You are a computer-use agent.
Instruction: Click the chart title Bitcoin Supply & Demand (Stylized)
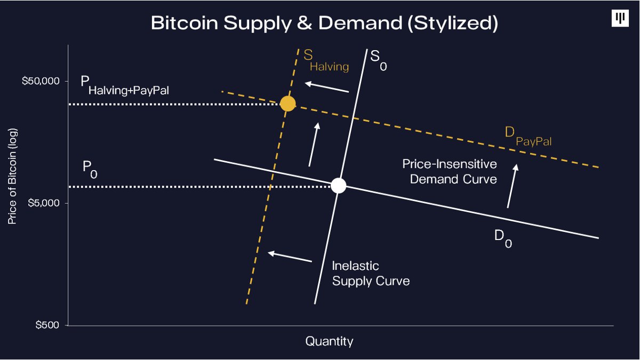pyautogui.click(x=324, y=23)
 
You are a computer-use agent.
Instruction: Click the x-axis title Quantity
pyautogui.click(x=329, y=341)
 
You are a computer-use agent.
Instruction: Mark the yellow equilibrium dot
pyautogui.click(x=287, y=103)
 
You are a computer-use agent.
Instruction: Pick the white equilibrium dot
pyautogui.click(x=338, y=186)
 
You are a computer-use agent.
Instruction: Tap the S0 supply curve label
pyautogui.click(x=379, y=59)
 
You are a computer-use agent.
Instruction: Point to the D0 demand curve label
pyautogui.click(x=503, y=238)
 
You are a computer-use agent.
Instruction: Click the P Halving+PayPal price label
pyautogui.click(x=125, y=85)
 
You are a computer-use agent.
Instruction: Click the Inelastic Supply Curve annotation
pyautogui.click(x=371, y=273)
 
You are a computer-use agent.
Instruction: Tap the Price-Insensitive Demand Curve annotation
pyautogui.click(x=450, y=171)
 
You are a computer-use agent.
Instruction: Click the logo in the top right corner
pyautogui.click(x=621, y=19)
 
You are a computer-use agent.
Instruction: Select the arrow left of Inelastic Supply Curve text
pyautogui.click(x=290, y=257)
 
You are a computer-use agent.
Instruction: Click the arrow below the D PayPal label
pyautogui.click(x=512, y=186)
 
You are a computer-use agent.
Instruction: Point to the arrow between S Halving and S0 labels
pyautogui.click(x=327, y=87)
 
